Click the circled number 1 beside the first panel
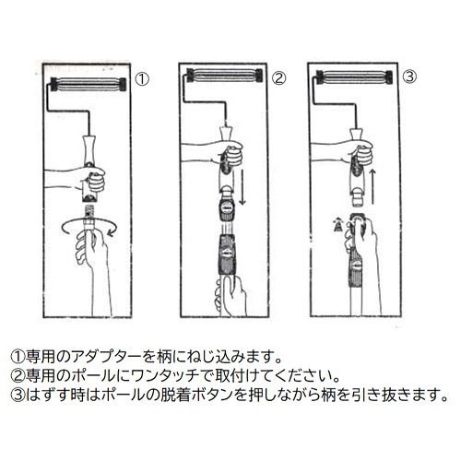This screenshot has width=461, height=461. point(142,79)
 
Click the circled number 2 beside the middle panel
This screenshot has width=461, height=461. point(279,78)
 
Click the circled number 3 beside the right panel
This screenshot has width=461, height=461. point(410,77)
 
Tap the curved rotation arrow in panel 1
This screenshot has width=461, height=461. point(89,228)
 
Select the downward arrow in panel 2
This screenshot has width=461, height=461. point(242,186)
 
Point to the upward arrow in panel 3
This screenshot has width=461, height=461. point(372,186)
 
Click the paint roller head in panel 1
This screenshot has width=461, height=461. point(88,85)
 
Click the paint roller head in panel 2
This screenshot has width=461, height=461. point(225,76)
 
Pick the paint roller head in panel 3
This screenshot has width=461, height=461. point(354,77)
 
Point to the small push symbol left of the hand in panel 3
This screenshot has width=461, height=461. point(337,224)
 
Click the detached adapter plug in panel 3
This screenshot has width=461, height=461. point(358,196)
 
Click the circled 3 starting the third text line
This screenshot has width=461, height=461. point(18,396)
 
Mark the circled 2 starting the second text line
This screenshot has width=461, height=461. point(18,375)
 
